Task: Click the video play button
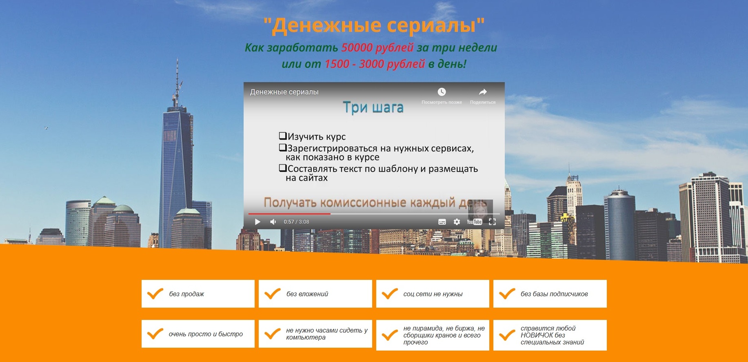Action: (257, 222)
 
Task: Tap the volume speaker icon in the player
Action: (273, 222)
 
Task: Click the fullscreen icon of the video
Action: (492, 222)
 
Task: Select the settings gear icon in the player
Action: (457, 222)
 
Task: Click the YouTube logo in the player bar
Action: (474, 222)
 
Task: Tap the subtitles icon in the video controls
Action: (442, 222)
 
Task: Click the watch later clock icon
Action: (442, 92)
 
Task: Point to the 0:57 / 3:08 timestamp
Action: (296, 222)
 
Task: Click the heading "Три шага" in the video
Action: (373, 107)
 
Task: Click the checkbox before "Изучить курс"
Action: (282, 136)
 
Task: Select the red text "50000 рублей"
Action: (377, 47)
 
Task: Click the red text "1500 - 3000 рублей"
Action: (375, 64)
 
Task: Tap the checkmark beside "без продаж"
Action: (155, 294)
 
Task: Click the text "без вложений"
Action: (307, 294)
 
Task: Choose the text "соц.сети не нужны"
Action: (433, 294)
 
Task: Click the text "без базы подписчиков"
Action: (554, 294)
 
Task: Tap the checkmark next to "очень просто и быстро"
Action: (155, 334)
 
